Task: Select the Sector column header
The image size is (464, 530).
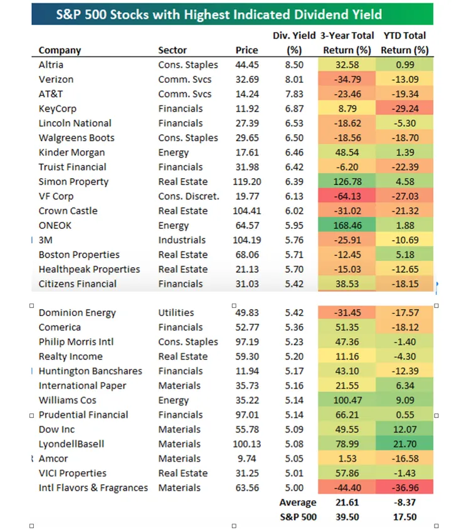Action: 172,50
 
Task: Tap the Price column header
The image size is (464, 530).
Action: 246,50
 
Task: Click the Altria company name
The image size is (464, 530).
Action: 51,65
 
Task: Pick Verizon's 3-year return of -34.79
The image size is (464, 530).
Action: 346,80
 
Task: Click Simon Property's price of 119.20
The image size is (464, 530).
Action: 245,182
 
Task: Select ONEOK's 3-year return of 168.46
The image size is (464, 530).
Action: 346,226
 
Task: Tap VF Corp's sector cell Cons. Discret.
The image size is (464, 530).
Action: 189,196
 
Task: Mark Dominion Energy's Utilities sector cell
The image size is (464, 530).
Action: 176,313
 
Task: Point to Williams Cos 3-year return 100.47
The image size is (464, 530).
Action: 346,400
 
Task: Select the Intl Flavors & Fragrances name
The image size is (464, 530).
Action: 93,488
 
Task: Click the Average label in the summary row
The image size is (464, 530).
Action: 298,502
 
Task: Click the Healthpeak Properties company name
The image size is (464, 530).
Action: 89,269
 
